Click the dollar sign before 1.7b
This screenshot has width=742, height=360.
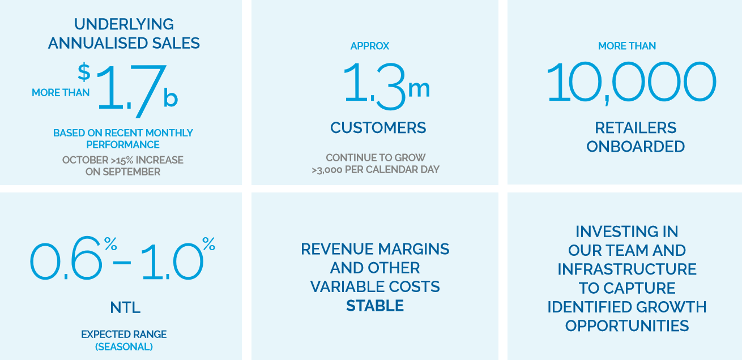[x=84, y=72]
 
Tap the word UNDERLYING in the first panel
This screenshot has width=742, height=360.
[x=124, y=24]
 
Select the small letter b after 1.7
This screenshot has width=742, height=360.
[x=170, y=97]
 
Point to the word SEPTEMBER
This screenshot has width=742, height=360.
[x=131, y=172]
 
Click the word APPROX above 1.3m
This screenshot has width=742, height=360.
[x=370, y=46]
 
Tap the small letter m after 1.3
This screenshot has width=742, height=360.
[x=419, y=89]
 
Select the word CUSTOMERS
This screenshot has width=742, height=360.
[x=378, y=128]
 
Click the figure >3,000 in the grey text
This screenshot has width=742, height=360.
[x=327, y=170]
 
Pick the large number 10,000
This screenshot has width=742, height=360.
[x=631, y=83]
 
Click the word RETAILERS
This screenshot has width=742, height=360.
[x=636, y=128]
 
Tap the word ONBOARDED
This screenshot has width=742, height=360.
[x=636, y=147]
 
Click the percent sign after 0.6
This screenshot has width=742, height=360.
[x=110, y=244]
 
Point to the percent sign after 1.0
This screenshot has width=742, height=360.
[x=208, y=244]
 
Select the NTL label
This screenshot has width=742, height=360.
[x=125, y=307]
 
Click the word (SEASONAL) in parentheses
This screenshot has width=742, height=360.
[x=124, y=347]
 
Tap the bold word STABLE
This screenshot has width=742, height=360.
[x=375, y=306]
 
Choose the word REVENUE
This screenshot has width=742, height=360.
[x=336, y=249]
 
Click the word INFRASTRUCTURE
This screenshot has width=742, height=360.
[x=626, y=269]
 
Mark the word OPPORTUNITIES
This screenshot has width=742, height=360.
[x=626, y=326]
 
